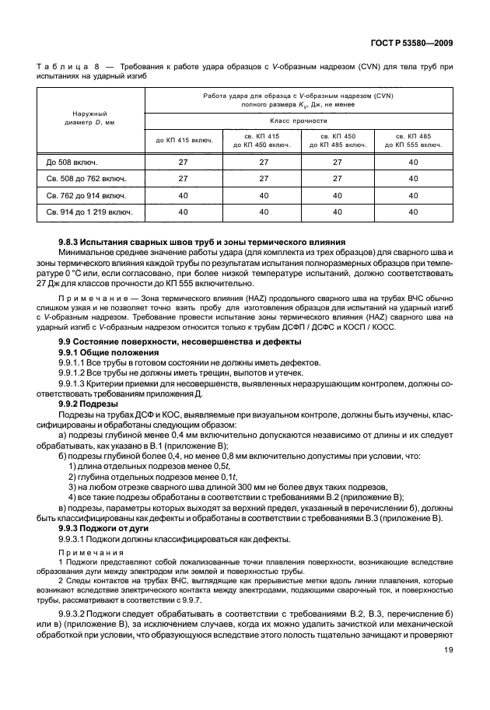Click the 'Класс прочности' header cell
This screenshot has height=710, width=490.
(x=298, y=121)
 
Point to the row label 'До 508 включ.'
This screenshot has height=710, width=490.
(x=69, y=162)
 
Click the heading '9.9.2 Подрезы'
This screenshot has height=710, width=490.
(x=89, y=404)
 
